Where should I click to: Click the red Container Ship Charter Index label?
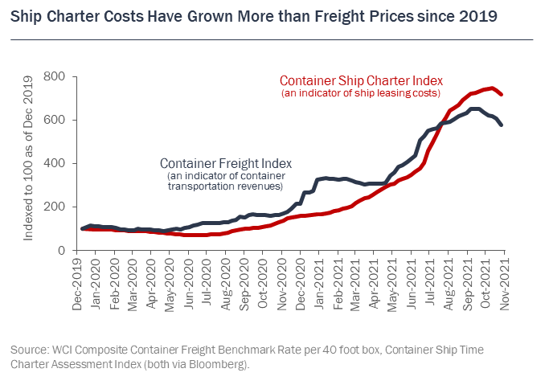tap(360, 80)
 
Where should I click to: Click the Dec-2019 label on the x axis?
tap(78, 281)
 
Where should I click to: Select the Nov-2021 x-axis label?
tap(504, 281)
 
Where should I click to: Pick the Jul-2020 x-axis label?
tap(208, 281)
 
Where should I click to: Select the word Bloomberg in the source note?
tap(222, 363)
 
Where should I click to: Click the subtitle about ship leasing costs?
tap(360, 93)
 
